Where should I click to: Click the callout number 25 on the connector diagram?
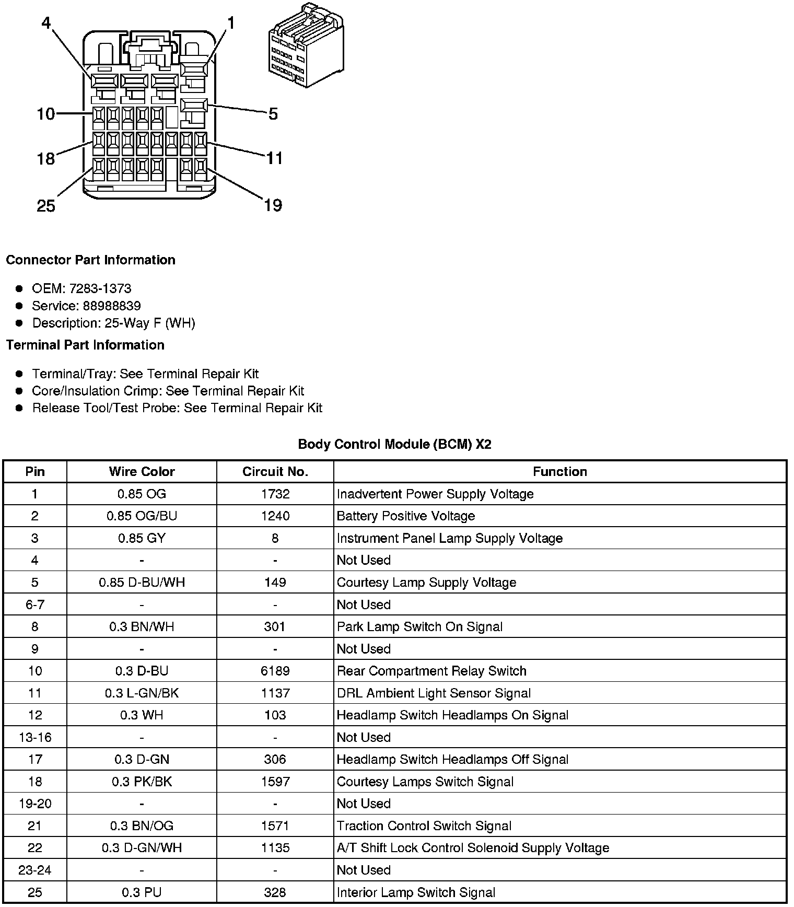tap(46, 206)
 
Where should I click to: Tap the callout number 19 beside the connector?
tap(273, 205)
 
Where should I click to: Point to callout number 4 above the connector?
tap(46, 24)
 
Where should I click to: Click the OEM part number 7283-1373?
tap(100, 288)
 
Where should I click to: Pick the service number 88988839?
tap(112, 306)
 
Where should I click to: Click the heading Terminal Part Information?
tap(85, 345)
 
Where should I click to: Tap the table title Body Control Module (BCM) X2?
tap(394, 444)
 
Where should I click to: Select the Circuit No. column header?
tap(275, 471)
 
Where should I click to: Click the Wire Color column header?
tap(142, 471)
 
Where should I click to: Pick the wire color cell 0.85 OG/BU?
tap(142, 516)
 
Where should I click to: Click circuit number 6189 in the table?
tap(275, 671)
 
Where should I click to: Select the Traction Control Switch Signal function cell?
tap(424, 825)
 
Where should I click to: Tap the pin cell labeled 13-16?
tap(35, 737)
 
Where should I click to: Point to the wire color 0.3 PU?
tap(142, 892)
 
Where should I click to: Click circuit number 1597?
tap(275, 782)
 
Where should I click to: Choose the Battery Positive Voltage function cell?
tap(405, 516)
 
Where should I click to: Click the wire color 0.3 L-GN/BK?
tap(142, 693)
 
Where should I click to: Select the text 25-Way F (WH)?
tap(150, 323)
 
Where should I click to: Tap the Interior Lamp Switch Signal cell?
tap(416, 892)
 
